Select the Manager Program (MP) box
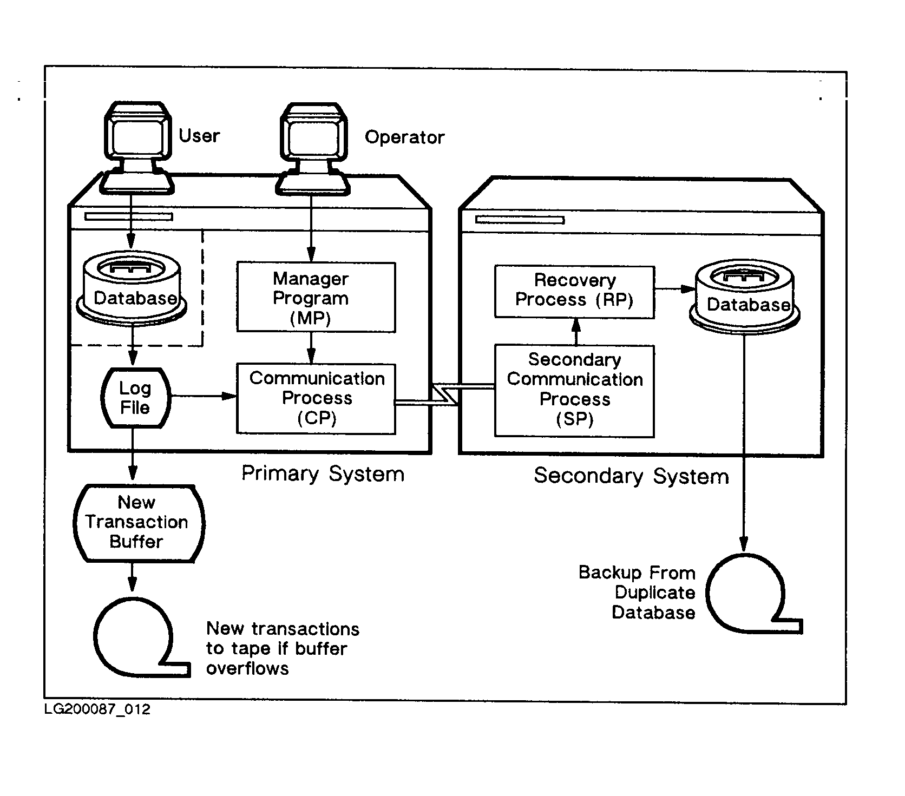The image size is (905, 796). point(316,297)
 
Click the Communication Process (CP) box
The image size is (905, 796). point(316,398)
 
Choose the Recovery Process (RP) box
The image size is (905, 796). point(574,291)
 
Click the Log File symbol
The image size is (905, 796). point(135,398)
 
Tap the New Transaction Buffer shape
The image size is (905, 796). point(137,523)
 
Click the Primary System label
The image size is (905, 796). point(323,474)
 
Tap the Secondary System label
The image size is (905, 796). point(631,476)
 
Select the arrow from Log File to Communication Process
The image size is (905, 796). point(204,397)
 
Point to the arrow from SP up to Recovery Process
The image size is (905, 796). point(575,332)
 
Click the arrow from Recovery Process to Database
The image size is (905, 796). point(674,289)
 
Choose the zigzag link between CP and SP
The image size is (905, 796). point(445,394)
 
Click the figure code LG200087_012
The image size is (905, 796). point(97,709)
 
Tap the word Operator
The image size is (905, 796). point(404,137)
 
